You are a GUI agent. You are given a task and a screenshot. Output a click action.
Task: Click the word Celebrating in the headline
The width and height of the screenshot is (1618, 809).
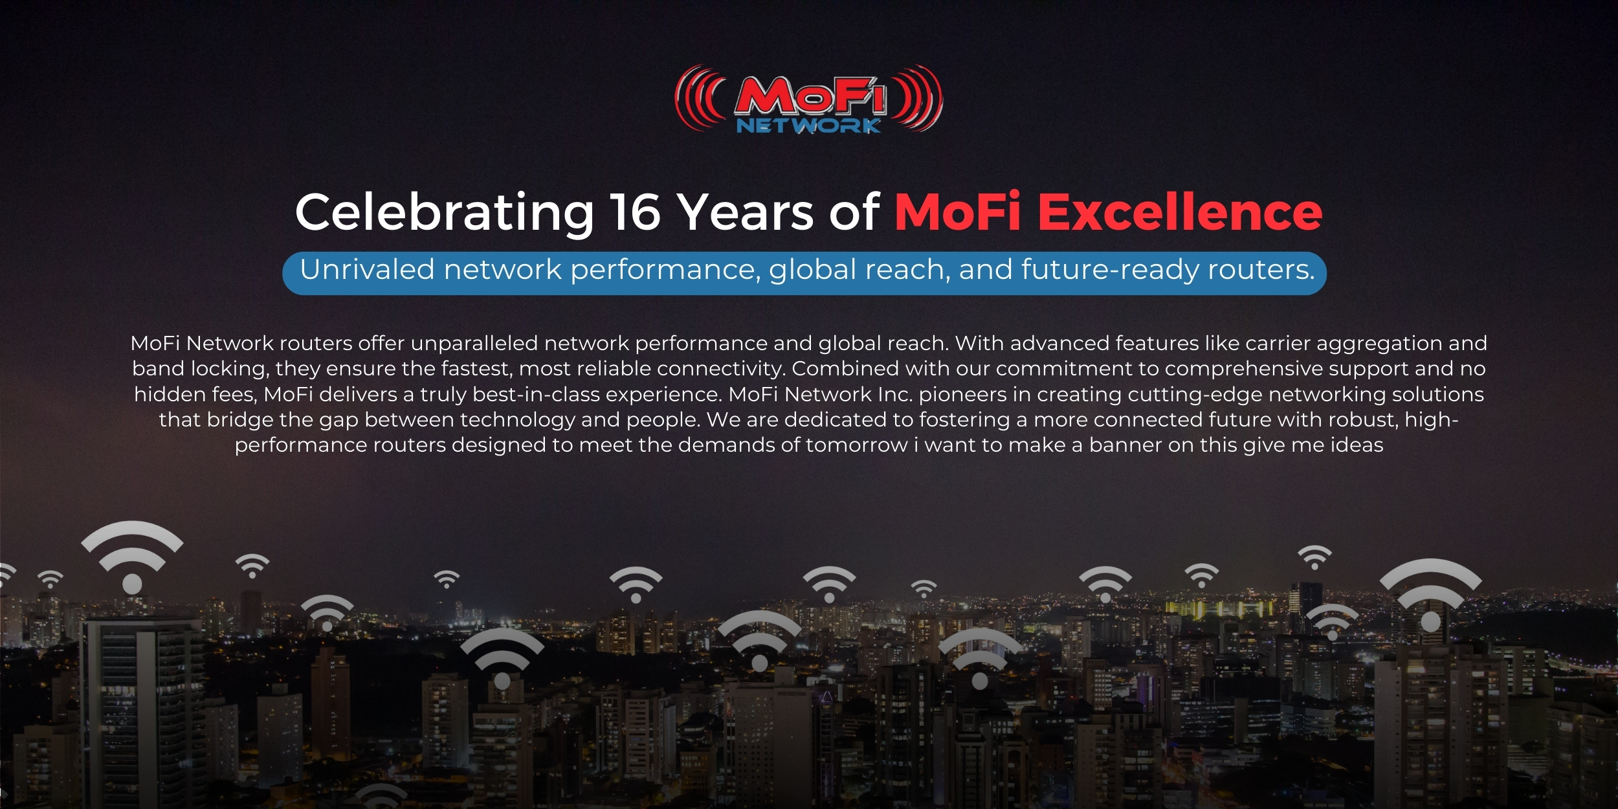click(x=445, y=213)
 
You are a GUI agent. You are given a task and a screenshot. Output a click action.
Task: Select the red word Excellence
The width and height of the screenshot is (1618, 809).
click(x=1180, y=212)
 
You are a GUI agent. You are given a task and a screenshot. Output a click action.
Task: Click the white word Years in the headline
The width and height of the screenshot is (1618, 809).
click(x=745, y=212)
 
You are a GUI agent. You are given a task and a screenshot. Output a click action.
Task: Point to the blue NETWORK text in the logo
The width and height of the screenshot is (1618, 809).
click(x=808, y=125)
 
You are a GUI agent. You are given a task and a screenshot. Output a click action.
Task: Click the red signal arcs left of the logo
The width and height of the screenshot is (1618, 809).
click(x=700, y=98)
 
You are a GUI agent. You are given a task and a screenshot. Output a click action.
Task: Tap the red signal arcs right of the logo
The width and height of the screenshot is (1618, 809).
click(x=917, y=98)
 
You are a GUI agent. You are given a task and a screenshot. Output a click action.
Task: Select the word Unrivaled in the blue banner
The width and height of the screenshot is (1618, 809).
click(x=367, y=269)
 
